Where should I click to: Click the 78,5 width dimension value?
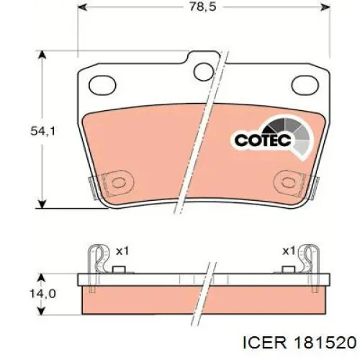click(203, 6)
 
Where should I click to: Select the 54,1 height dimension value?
click(43, 131)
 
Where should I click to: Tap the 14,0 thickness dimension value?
click(43, 294)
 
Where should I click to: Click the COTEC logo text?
click(263, 140)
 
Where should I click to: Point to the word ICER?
click(265, 342)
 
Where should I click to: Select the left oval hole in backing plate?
click(102, 85)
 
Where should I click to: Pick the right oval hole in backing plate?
click(305, 85)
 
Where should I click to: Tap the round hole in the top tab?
click(204, 72)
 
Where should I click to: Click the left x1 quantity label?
click(122, 251)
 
